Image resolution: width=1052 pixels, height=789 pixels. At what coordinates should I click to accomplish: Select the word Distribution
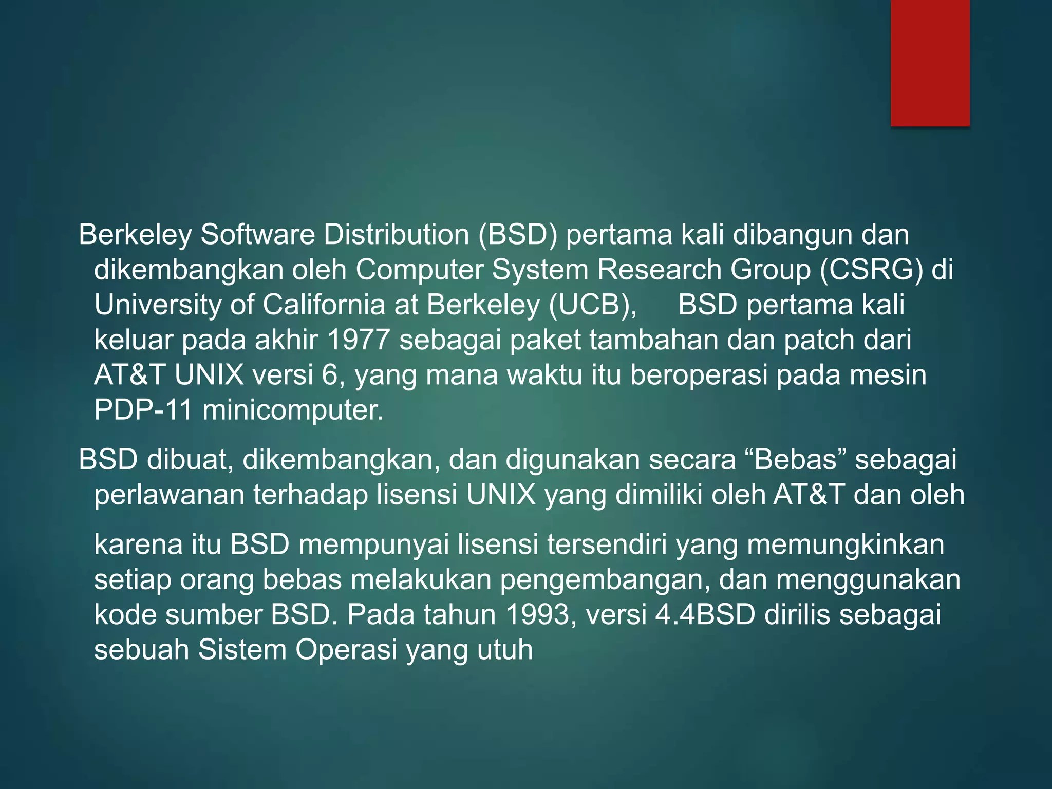click(396, 235)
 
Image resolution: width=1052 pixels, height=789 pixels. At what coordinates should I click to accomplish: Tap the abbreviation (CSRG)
click(871, 270)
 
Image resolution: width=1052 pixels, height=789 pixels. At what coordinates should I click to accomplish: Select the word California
click(324, 305)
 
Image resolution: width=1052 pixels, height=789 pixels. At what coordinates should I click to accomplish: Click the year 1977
click(358, 340)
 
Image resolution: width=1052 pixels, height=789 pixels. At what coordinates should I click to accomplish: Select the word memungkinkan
click(846, 544)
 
